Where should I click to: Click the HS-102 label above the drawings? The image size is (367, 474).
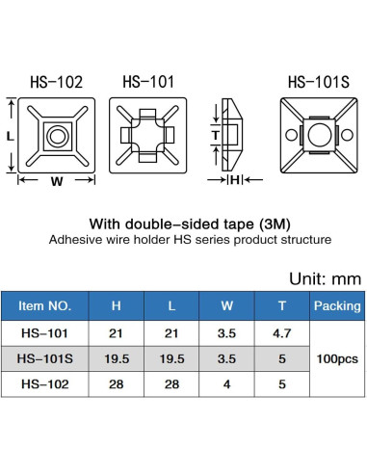[56, 82]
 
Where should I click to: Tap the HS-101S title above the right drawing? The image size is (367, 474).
[319, 82]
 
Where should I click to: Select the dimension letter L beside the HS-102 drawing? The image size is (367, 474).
[11, 137]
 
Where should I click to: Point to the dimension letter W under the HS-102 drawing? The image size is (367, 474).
[57, 181]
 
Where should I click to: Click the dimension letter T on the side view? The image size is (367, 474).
[216, 135]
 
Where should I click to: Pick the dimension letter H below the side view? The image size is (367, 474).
[235, 180]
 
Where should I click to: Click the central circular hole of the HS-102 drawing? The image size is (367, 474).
[58, 136]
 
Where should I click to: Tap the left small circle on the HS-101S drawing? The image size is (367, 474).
[291, 135]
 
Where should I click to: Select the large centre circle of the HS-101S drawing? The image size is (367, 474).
[320, 135]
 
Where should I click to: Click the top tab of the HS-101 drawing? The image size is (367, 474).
[147, 114]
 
